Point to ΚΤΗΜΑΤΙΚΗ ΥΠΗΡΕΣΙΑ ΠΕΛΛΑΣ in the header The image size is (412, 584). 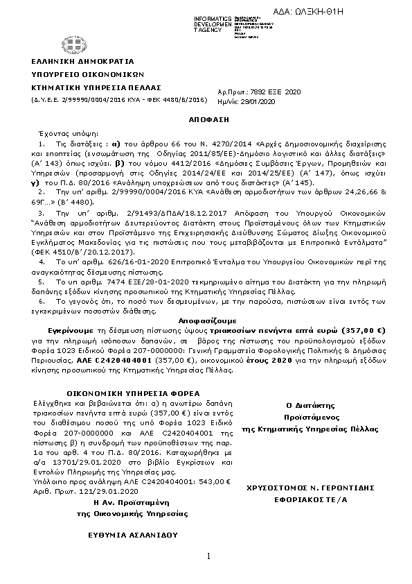click(x=91, y=87)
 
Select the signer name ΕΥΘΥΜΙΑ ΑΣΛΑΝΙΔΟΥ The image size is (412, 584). click(x=132, y=535)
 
